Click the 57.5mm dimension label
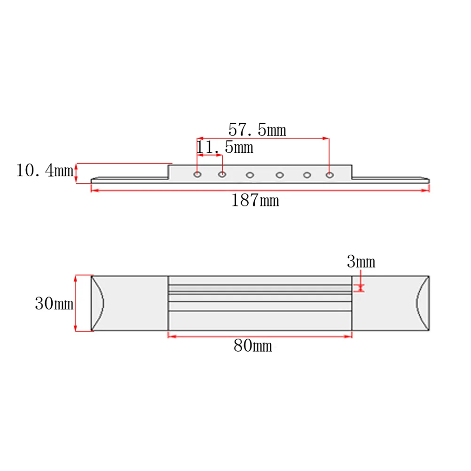257,130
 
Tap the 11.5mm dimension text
225,147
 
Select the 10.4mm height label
45,170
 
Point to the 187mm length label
255,200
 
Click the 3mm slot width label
361,261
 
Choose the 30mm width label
54,303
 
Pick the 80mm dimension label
253,345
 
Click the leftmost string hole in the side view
197,174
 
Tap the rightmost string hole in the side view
330,175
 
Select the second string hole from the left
222,174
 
